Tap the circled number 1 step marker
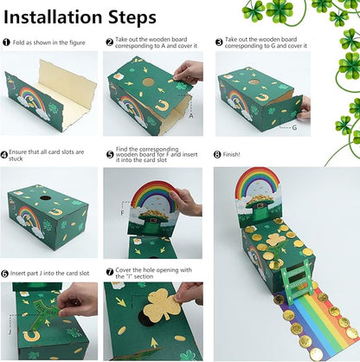tap(6, 42)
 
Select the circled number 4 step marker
tap(6, 153)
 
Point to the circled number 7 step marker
tap(109, 271)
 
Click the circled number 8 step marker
tap(219, 153)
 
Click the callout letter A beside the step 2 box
tap(190, 113)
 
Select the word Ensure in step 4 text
tap(28, 153)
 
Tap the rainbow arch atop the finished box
tap(258, 184)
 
